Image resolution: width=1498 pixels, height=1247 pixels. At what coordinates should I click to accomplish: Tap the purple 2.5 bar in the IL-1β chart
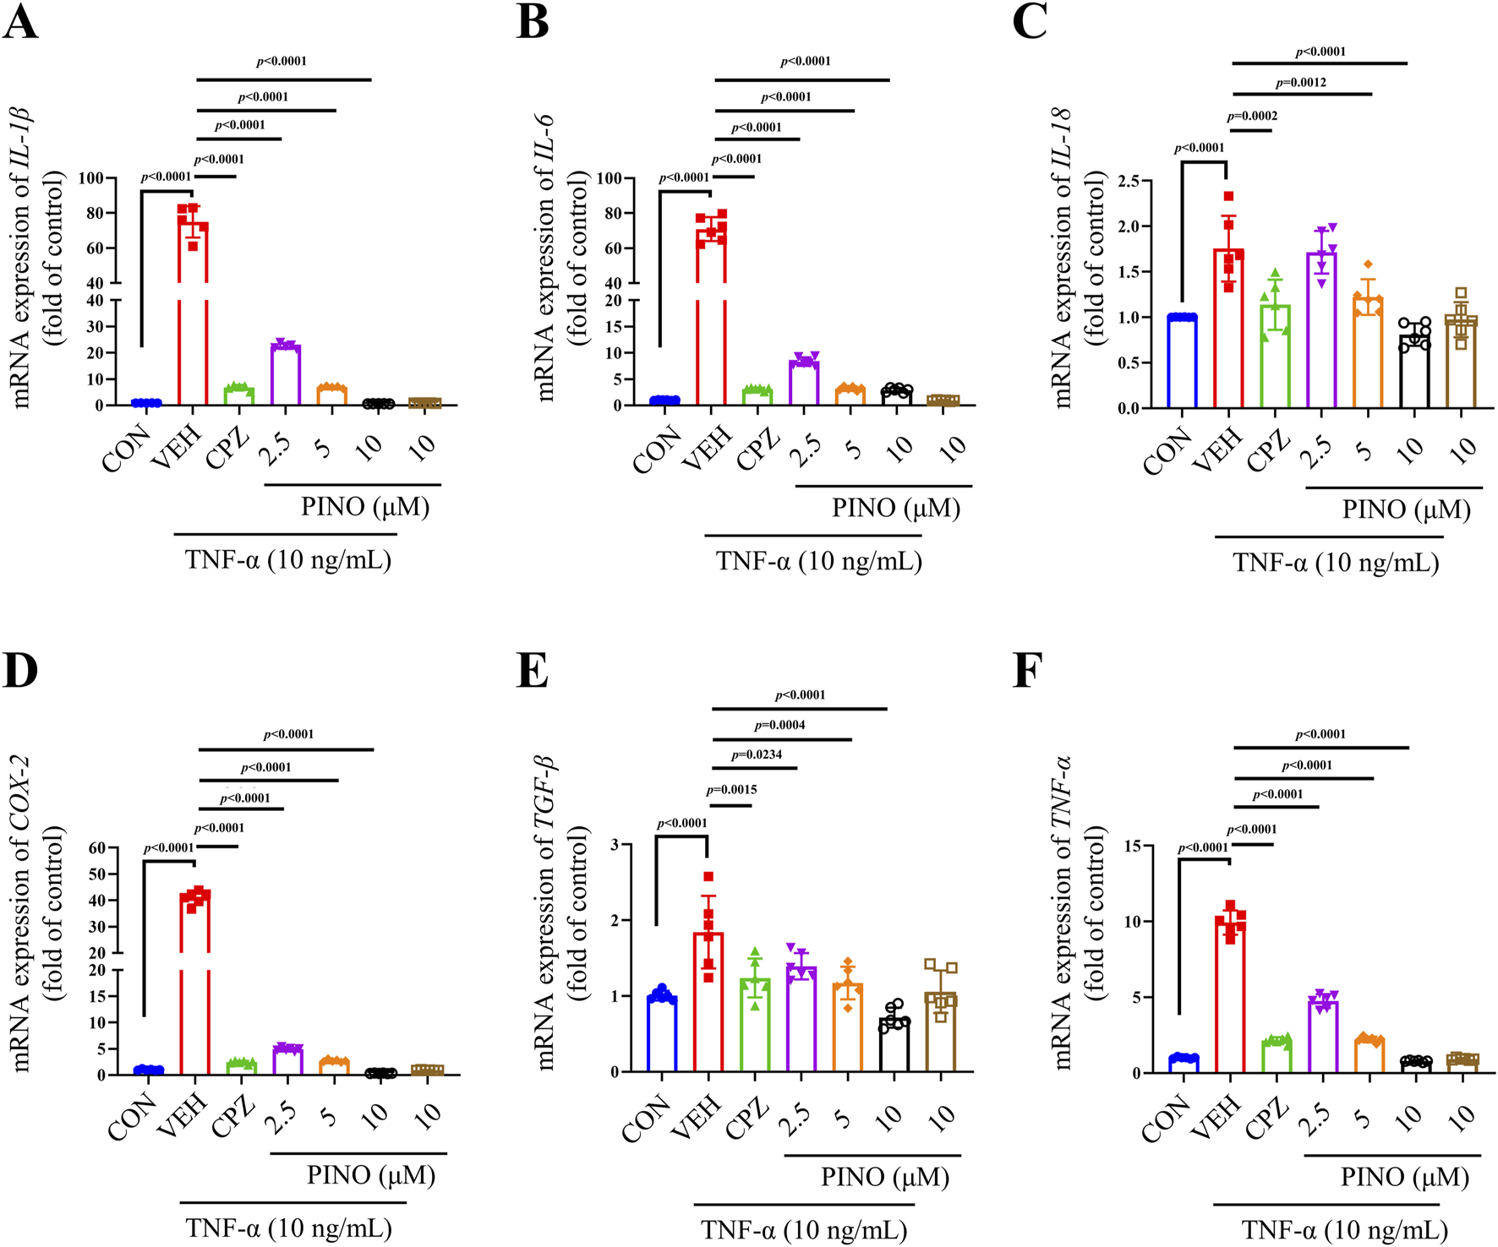pyautogui.click(x=286, y=375)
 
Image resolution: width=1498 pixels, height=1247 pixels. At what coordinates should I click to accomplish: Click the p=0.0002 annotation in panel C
pyautogui.click(x=1252, y=117)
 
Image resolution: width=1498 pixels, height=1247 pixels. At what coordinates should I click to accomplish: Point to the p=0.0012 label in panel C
pyautogui.click(x=1301, y=83)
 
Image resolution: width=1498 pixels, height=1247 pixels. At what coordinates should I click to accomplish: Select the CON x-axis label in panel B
pyautogui.click(x=657, y=450)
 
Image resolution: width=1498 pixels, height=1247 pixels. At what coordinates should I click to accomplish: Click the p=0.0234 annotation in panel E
pyautogui.click(x=756, y=754)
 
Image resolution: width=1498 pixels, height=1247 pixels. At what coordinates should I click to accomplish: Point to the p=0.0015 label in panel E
pyautogui.click(x=731, y=790)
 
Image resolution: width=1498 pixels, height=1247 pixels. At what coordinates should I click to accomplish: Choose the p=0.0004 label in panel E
pyautogui.click(x=779, y=725)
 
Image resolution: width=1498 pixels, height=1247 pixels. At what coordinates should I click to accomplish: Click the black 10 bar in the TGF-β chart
pyautogui.click(x=894, y=1045)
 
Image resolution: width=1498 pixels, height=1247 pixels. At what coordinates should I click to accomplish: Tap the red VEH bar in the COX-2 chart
pyautogui.click(x=195, y=980)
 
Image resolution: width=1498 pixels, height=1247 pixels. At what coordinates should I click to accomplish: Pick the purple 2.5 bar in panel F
pyautogui.click(x=1322, y=1037)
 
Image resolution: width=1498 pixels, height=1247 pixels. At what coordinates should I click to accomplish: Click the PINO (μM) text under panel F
pyautogui.click(x=1404, y=1177)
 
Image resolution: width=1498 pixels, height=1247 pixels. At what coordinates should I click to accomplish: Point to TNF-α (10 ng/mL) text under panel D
pyautogui.click(x=288, y=1228)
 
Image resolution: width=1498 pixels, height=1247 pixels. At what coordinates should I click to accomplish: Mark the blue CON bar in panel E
pyautogui.click(x=663, y=1035)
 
